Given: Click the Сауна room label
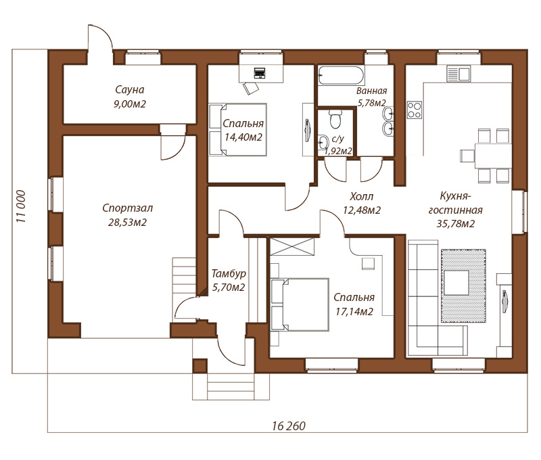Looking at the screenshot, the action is click(x=129, y=90).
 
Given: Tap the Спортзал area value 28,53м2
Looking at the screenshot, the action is click(x=127, y=223).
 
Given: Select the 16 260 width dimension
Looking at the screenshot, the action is click(x=289, y=425).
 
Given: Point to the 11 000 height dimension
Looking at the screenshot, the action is click(x=21, y=206).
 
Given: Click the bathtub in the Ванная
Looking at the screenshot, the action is click(x=341, y=75).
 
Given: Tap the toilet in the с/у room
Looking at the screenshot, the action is click(x=335, y=120).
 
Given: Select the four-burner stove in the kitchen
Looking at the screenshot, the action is click(x=415, y=110).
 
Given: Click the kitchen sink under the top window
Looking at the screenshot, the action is click(x=458, y=74).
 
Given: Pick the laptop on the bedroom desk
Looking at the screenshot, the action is click(x=259, y=73).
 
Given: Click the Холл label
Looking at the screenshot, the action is click(x=361, y=197).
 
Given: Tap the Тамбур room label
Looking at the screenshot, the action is click(x=229, y=274).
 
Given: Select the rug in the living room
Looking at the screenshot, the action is click(x=463, y=285).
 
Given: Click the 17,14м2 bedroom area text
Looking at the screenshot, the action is click(x=354, y=312).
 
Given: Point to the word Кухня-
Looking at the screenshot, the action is click(x=455, y=196).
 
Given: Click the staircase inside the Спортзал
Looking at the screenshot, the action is click(x=184, y=289).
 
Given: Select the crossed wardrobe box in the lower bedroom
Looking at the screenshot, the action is click(x=292, y=246).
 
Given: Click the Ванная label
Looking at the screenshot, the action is click(x=371, y=91).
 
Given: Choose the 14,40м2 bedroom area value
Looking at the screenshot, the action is click(x=243, y=137).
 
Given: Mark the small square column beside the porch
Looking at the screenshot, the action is click(x=200, y=366).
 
